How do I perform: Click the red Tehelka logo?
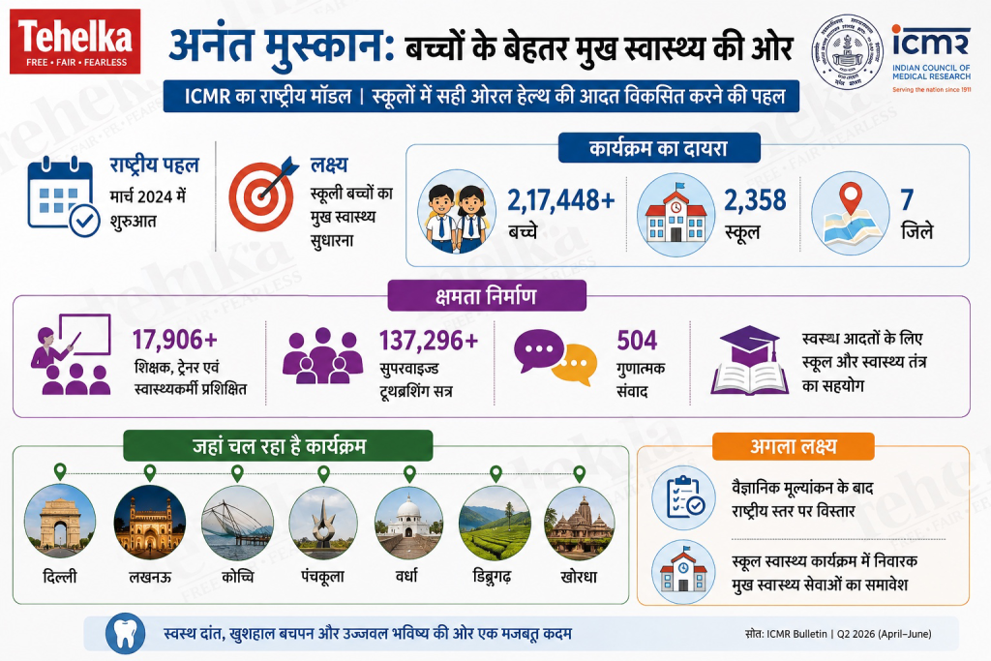[x=75, y=41]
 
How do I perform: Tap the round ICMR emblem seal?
[x=848, y=51]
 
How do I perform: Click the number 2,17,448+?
[x=560, y=200]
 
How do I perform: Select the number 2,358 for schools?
[x=755, y=200]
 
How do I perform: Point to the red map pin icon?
[x=851, y=198]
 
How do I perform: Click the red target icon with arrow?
[x=262, y=193]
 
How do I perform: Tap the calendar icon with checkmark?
[x=63, y=196]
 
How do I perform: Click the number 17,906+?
[x=175, y=340]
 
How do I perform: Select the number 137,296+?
[x=429, y=341]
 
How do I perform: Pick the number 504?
[x=637, y=340]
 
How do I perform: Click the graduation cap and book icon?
[x=750, y=360]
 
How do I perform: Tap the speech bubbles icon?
[x=556, y=356]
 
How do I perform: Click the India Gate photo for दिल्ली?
[x=60, y=522]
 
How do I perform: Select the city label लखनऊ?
[x=150, y=577]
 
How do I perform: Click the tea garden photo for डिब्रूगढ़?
[x=495, y=523]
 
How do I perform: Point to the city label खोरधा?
[x=579, y=577]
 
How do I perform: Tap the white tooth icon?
[x=125, y=634]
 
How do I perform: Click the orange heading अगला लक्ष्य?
[x=794, y=447]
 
